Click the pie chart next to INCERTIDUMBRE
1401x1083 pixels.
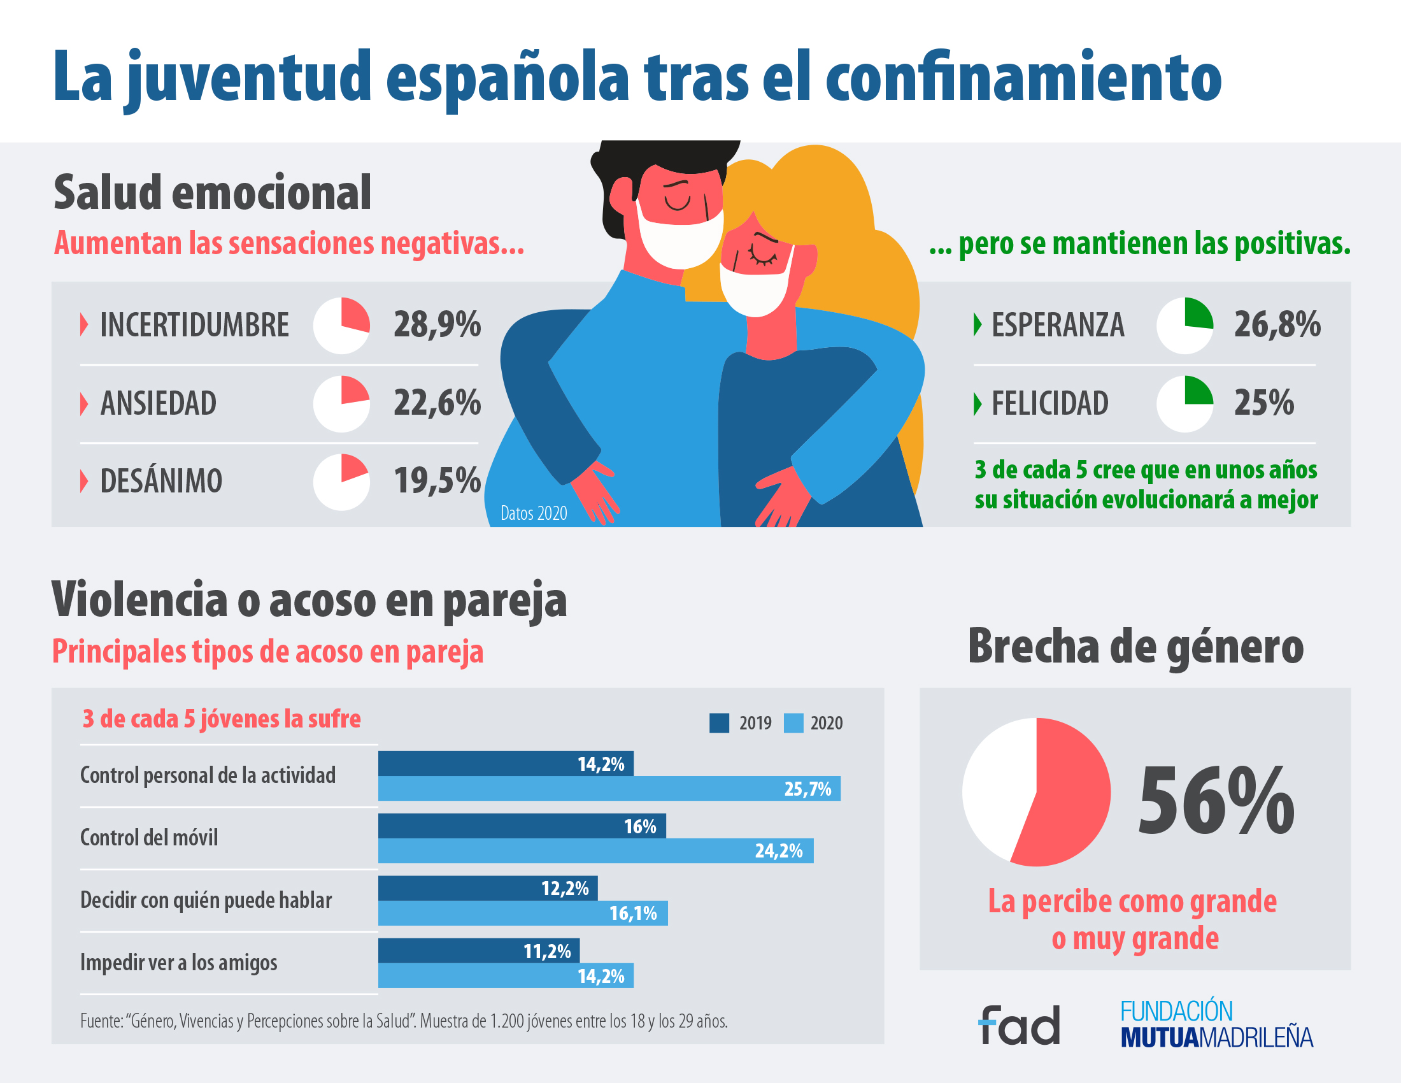341,326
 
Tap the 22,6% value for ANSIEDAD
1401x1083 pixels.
437,403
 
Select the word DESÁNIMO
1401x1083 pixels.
161,481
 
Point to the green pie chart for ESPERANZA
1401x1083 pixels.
1184,326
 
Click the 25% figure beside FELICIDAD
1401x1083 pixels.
1263,403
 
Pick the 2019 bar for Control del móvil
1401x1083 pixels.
521,826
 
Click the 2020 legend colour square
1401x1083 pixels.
793,723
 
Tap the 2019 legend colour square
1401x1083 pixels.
719,723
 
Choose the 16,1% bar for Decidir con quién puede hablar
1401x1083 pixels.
522,913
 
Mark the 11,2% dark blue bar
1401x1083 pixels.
478,950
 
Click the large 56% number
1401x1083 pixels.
1216,802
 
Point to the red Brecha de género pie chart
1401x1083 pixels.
1036,793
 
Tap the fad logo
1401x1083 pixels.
1020,1024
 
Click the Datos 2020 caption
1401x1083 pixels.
534,513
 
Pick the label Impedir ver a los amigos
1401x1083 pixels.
178,963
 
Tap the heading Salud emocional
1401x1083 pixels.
212,192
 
